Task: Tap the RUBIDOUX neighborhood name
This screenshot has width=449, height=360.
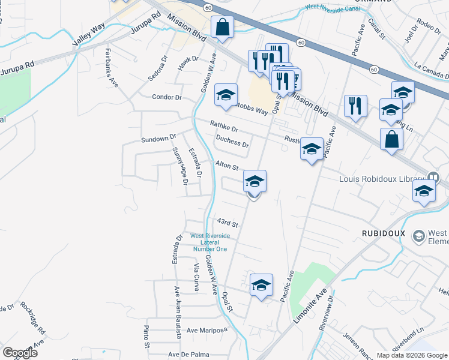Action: [384, 233]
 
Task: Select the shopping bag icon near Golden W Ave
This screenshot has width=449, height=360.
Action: [222, 27]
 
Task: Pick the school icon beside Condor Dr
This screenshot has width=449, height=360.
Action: [226, 95]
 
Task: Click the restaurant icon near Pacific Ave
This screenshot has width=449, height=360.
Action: [355, 106]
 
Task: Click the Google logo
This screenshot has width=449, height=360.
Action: [20, 353]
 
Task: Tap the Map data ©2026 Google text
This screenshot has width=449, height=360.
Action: [412, 355]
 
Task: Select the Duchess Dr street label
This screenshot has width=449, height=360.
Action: [232, 142]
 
